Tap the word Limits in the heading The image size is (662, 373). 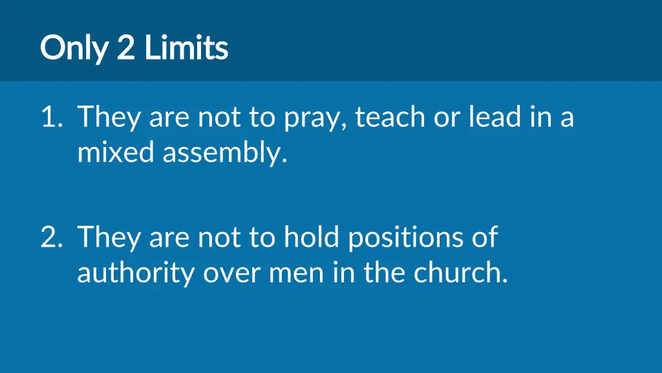[x=186, y=48]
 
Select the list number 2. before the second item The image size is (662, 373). [x=51, y=238]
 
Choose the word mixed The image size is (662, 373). [x=116, y=153]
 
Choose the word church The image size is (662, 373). [x=460, y=273]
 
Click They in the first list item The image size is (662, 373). [x=109, y=119]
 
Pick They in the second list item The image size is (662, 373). [x=109, y=238]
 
